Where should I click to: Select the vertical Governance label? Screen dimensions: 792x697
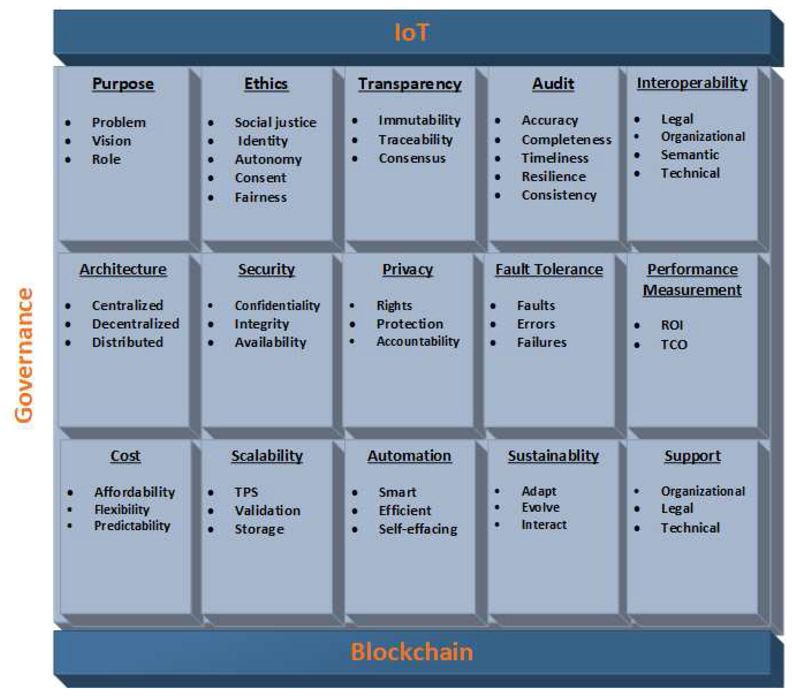[x=24, y=356]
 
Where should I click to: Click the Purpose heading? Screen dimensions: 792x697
[x=123, y=84]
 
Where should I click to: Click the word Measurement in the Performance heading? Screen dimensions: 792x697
[x=692, y=290]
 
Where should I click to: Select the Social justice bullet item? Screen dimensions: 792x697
[x=275, y=122]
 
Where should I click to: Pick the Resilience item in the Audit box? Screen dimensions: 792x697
[x=553, y=176]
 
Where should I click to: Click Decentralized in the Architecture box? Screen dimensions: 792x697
[x=135, y=324]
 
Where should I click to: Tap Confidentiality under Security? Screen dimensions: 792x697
[x=277, y=306]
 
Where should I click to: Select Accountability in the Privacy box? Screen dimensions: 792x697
[x=418, y=341]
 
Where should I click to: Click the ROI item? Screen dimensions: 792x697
[x=671, y=325]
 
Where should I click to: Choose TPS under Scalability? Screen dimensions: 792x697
[x=246, y=492]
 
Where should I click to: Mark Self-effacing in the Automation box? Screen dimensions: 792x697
[x=418, y=529]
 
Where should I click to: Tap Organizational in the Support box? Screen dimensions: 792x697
[x=702, y=491]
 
